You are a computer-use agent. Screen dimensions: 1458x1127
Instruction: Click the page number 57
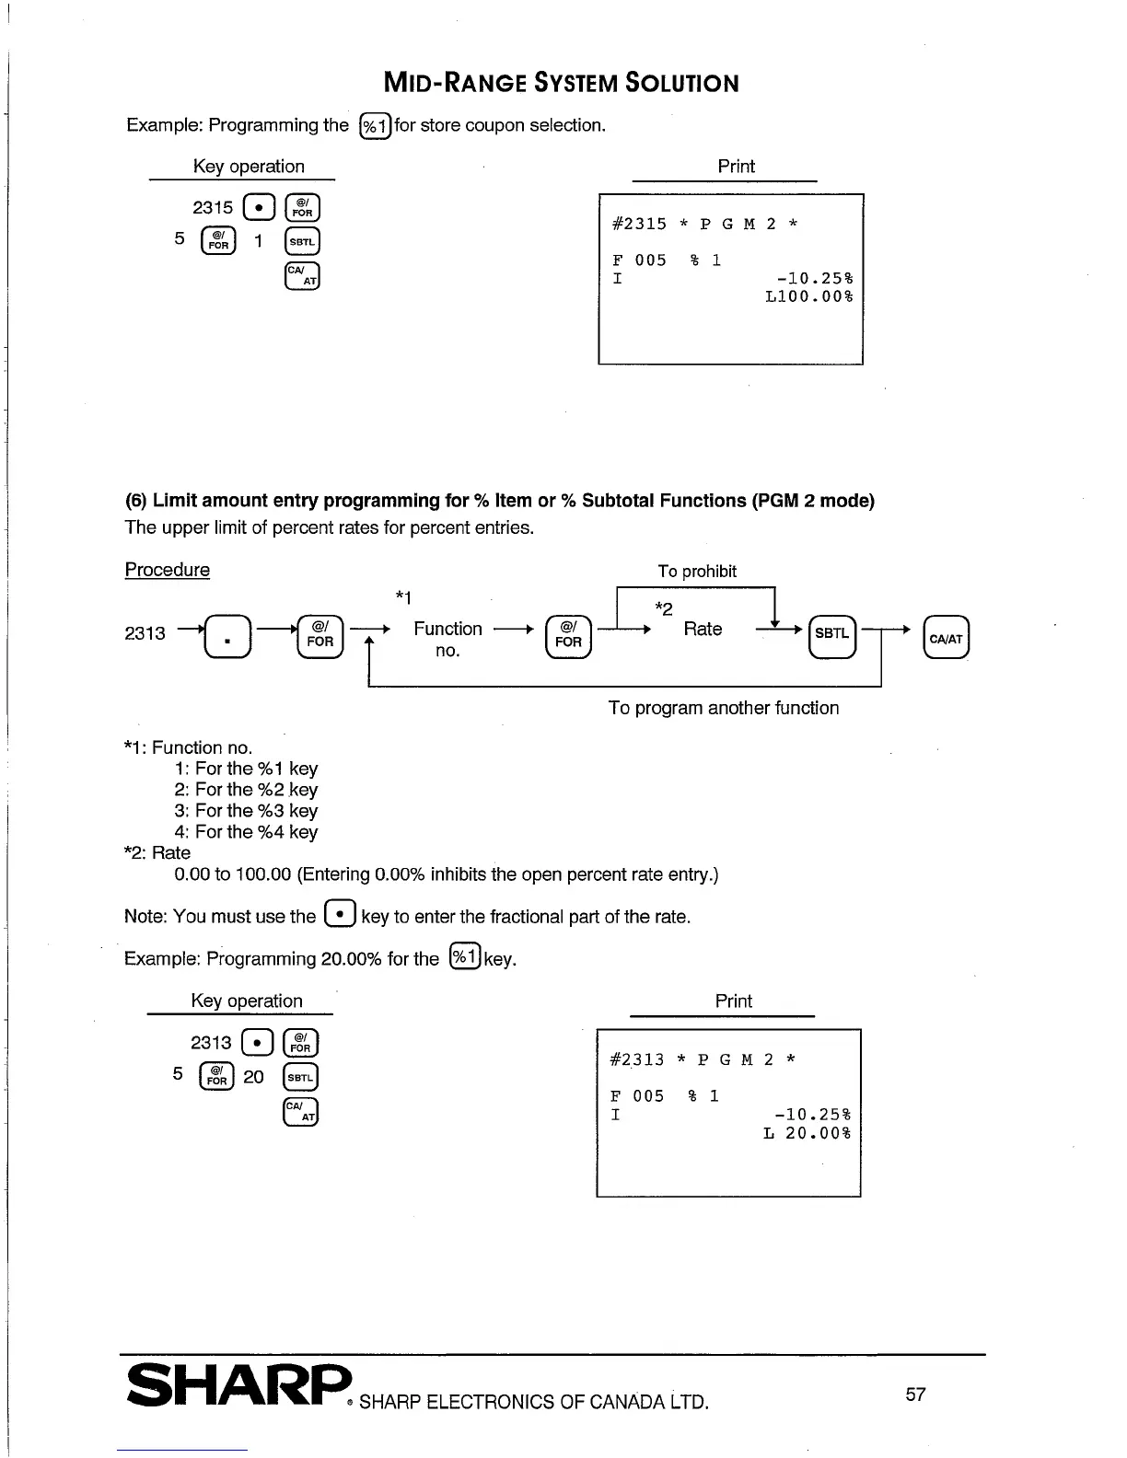coord(915,1394)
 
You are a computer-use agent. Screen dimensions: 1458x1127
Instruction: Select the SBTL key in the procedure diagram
coord(831,635)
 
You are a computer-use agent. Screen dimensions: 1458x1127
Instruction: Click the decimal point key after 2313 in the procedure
coord(227,636)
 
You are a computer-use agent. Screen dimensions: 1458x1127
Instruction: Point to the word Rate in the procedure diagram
coord(703,629)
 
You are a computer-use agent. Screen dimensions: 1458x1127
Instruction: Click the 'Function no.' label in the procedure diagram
coord(447,639)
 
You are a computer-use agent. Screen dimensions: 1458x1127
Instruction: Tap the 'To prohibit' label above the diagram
coord(697,571)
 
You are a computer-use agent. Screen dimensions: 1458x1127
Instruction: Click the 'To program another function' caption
coord(724,708)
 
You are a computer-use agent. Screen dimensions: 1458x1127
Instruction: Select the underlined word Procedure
coord(167,570)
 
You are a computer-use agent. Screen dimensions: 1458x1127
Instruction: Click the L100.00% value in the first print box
coord(809,296)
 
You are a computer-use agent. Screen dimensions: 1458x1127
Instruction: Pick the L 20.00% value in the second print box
coord(807,1133)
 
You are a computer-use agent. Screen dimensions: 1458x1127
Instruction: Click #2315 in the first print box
coord(639,224)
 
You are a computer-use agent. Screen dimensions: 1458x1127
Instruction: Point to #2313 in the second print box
coord(637,1059)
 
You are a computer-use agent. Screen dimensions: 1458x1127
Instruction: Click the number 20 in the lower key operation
coord(253,1077)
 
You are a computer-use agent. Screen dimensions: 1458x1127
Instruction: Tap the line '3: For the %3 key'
coord(246,811)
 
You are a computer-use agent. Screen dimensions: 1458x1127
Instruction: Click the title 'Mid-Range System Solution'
coord(561,83)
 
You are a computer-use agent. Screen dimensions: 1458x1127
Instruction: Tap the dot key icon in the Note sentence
coord(340,915)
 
